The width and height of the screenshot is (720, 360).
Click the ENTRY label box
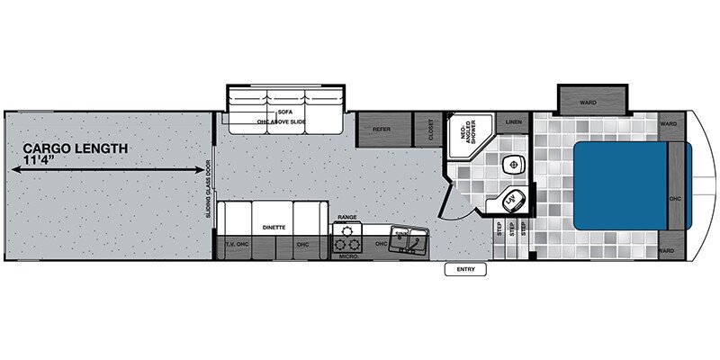pos(464,269)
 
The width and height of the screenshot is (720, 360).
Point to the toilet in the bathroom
pos(513,165)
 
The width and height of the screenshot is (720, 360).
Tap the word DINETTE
pos(275,228)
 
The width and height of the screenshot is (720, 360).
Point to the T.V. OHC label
pos(235,245)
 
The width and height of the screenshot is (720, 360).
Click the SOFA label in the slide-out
pos(285,88)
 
